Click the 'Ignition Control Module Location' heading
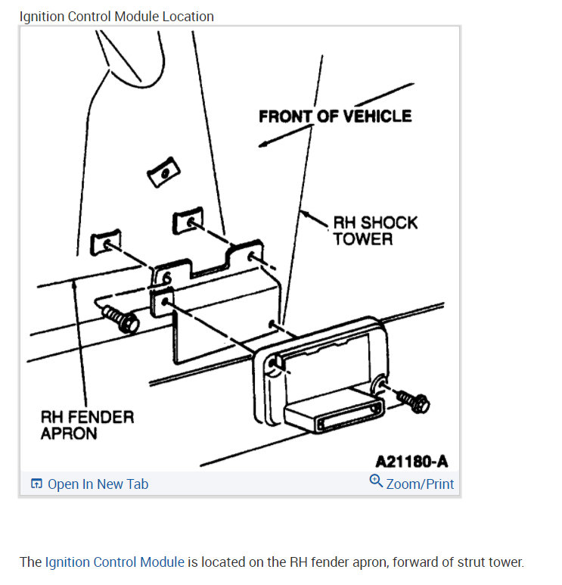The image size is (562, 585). point(116,16)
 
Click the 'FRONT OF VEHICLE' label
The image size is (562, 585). point(335,116)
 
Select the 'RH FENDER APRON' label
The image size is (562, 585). point(86,425)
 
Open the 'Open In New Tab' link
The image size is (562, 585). point(98,484)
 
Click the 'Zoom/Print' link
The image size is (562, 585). point(420,484)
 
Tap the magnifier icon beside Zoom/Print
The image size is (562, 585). point(376,481)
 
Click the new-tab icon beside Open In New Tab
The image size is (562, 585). point(36,484)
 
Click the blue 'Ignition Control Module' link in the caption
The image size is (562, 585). point(114,562)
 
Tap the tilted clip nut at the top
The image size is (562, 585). point(162,175)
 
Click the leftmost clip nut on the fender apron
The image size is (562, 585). point(105,244)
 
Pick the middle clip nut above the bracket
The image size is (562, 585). point(189,222)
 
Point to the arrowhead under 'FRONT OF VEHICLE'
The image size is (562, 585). point(264,144)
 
